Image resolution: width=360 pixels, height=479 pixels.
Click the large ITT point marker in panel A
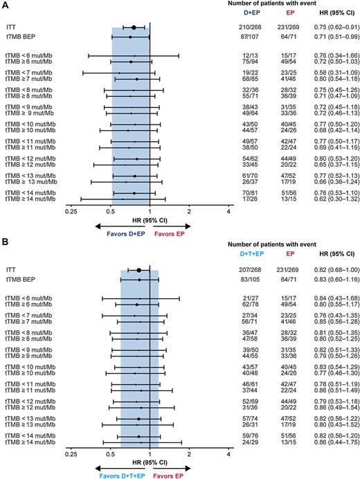coord(134,27)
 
